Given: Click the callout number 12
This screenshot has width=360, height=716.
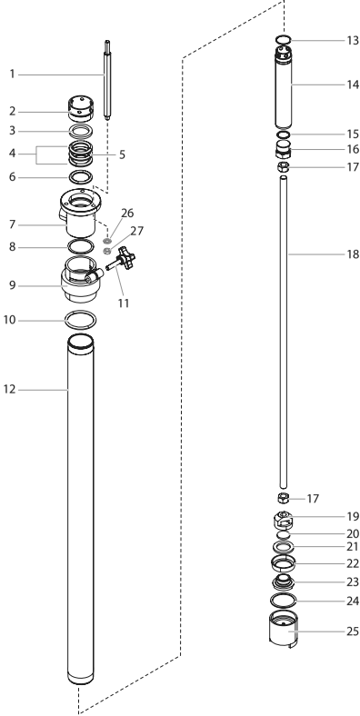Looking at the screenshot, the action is tap(9, 390).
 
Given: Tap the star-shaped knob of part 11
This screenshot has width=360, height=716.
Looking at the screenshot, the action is tap(126, 258).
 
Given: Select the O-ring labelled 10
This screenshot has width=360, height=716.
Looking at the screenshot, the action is tap(81, 320).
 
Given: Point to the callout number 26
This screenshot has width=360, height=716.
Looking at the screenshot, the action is tap(127, 213).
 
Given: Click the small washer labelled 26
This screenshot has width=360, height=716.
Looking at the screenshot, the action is tap(107, 240).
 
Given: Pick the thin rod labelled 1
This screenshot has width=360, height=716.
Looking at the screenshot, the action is tap(107, 80).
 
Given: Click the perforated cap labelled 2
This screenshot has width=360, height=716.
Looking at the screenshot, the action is tap(81, 109).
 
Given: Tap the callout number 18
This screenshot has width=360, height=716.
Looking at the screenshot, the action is tap(353, 254).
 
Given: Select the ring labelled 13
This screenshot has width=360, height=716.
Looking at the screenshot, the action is tap(284, 39).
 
